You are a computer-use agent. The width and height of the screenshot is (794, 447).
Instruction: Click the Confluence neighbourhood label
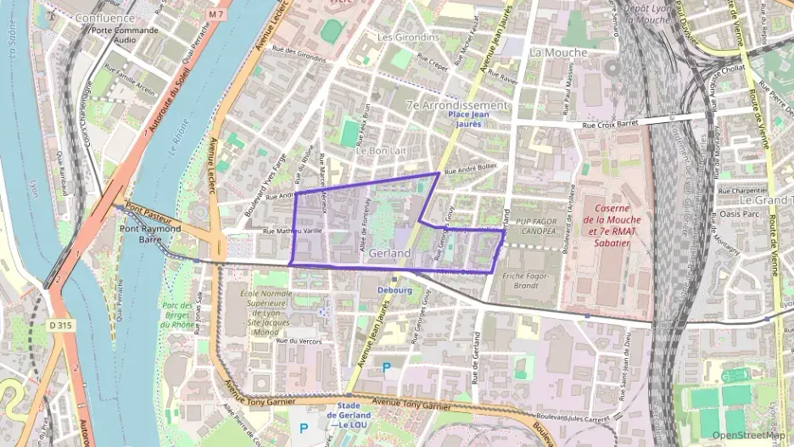[x=104, y=18]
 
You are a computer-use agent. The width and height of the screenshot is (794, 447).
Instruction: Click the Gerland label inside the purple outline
[x=390, y=254]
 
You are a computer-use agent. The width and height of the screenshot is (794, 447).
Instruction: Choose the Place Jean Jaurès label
[x=469, y=119]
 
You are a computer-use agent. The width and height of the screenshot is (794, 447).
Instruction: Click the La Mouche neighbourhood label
[x=557, y=53]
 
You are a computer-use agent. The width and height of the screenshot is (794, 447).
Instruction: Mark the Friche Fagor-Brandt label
[x=527, y=281]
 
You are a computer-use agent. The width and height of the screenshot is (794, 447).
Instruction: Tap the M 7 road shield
[x=215, y=14]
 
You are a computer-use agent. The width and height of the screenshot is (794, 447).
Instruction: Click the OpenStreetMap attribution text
[x=749, y=435]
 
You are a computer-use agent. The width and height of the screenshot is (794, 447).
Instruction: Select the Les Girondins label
[x=408, y=37]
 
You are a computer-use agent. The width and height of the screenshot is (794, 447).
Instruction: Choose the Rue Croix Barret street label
[x=611, y=125]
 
